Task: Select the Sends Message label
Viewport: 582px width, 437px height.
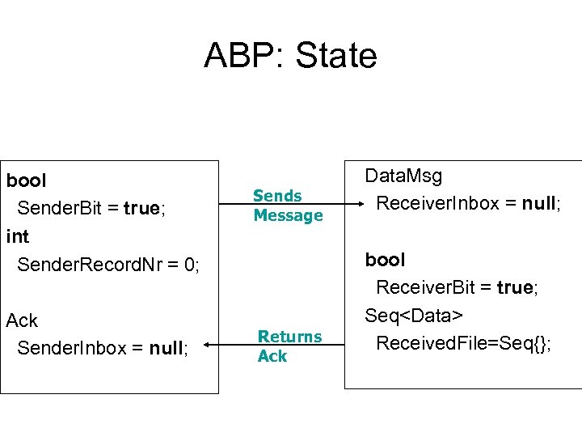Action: (287, 206)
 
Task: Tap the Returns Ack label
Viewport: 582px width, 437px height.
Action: (289, 346)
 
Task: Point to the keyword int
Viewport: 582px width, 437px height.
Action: (17, 237)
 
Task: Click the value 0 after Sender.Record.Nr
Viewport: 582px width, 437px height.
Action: (191, 265)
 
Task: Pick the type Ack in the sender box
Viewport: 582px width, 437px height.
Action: (22, 320)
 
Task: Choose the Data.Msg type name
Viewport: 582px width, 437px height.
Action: (403, 176)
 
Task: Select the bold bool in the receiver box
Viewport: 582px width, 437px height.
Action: (385, 260)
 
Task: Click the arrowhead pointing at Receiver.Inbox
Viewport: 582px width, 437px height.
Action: (352, 204)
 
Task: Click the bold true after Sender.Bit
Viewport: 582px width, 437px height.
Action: (142, 209)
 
